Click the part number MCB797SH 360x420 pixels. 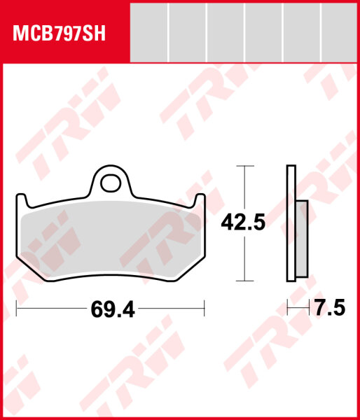click(57, 34)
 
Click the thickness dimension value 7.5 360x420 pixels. click(329, 309)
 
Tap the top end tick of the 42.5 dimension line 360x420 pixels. click(242, 167)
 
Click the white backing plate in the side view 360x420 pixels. click(291, 224)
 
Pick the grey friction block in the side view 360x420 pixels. click(302, 238)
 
